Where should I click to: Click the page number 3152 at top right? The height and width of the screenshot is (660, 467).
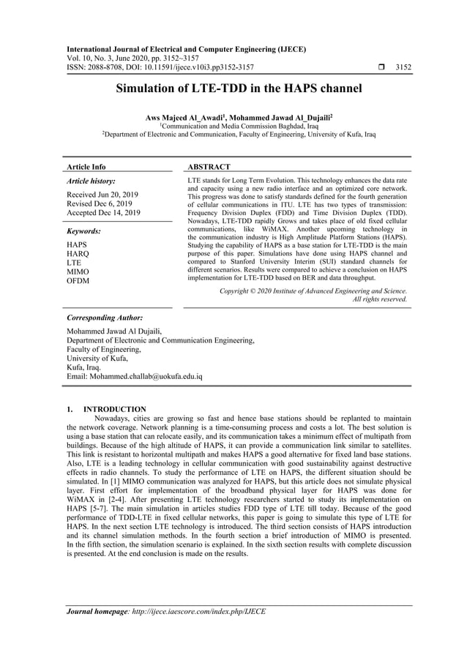[403, 67]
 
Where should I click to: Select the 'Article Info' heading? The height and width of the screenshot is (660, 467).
[86, 167]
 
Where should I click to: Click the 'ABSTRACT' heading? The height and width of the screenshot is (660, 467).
[209, 167]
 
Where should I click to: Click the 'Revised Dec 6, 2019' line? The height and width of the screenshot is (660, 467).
[100, 203]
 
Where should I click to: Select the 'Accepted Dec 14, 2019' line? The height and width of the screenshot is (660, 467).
[103, 213]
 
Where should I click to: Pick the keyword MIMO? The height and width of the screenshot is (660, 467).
[78, 271]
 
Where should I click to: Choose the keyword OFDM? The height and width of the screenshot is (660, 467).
[78, 281]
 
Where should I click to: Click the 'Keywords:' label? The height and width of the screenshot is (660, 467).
[83, 231]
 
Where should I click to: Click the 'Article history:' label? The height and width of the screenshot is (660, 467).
[91, 180]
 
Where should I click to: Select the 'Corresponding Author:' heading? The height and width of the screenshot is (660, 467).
[105, 318]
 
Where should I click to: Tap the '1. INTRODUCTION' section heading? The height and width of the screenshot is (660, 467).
[106, 409]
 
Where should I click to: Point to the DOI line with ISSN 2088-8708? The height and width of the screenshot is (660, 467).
[160, 67]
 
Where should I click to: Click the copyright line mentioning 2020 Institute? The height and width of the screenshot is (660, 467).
[313, 290]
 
